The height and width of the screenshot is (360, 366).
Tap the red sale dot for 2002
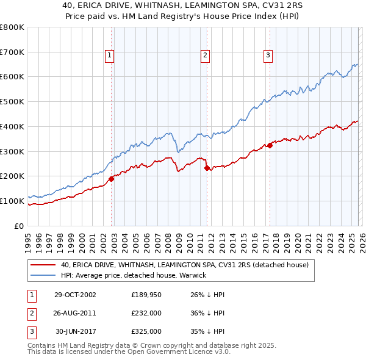coord(112,179)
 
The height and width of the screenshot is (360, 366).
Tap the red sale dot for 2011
coord(207,168)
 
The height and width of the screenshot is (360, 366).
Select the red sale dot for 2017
coord(270,145)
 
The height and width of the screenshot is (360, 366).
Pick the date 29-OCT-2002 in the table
coord(75,295)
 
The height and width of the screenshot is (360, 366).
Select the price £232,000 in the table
coord(146,313)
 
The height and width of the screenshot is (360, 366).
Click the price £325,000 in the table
coord(146,331)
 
